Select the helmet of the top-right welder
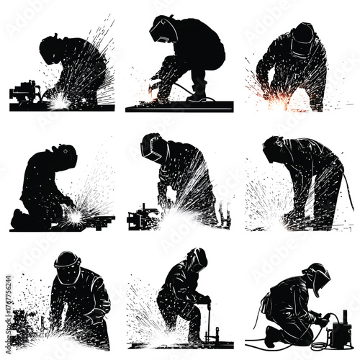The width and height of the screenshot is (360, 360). click(x=303, y=36)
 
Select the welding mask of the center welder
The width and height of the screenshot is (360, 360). click(x=153, y=146)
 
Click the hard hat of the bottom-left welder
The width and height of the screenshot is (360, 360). click(x=67, y=260)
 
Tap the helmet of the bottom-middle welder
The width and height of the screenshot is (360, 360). click(x=197, y=258)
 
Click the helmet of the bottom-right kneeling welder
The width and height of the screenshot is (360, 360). click(x=317, y=276)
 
